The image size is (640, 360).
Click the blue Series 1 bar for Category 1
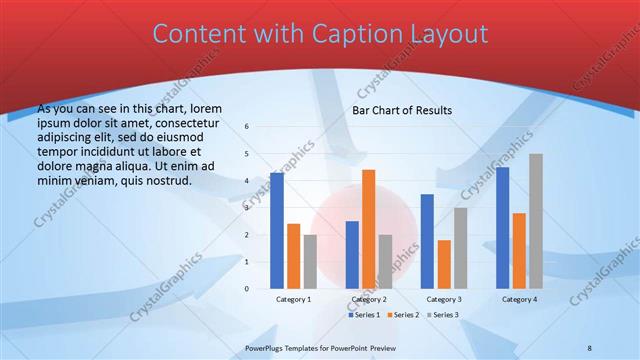tap(277, 231)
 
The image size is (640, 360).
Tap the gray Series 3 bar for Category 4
tap(536, 221)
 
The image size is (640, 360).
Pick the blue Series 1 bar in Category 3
tap(427, 241)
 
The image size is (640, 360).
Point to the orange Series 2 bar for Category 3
tap(443, 264)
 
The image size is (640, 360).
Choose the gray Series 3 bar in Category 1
tap(310, 262)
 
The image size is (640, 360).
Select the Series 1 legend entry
tap(364, 315)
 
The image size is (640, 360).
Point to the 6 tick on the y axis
tap(247, 127)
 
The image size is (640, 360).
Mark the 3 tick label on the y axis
tap(247, 208)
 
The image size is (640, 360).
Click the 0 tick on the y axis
tap(247, 289)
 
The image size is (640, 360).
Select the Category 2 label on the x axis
tap(369, 299)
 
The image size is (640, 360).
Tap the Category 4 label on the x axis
tap(519, 299)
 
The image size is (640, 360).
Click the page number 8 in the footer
tap(590, 347)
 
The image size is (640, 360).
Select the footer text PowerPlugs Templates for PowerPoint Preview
tap(321, 347)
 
